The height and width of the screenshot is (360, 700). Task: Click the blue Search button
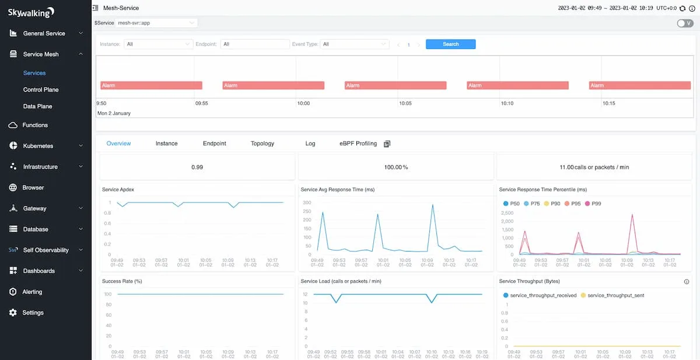coord(450,44)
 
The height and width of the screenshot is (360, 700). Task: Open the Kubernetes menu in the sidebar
coord(38,146)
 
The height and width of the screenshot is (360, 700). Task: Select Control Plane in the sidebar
coord(41,90)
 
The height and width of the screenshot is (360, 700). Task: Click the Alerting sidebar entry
coord(32,292)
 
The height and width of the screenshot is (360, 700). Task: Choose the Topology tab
coord(262,144)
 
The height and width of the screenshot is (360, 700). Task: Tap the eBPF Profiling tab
coord(358,144)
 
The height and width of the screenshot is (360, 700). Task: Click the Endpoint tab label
coord(214,144)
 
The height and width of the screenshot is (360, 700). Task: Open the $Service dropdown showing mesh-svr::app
coord(156,23)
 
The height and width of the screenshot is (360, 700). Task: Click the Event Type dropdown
coord(355,44)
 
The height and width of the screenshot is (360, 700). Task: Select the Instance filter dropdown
coord(158,44)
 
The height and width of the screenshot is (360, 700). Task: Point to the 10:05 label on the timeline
coord(405,103)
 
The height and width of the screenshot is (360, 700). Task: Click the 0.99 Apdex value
coord(197,167)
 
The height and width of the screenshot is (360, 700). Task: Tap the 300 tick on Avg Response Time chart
coord(307,202)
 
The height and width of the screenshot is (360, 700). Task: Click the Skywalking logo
coord(31,12)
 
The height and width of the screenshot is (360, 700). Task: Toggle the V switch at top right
coord(685,23)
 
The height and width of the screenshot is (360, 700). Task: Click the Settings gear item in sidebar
coord(33,313)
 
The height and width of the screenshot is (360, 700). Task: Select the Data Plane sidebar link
coord(37,107)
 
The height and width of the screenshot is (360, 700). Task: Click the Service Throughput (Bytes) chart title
coord(529,281)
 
